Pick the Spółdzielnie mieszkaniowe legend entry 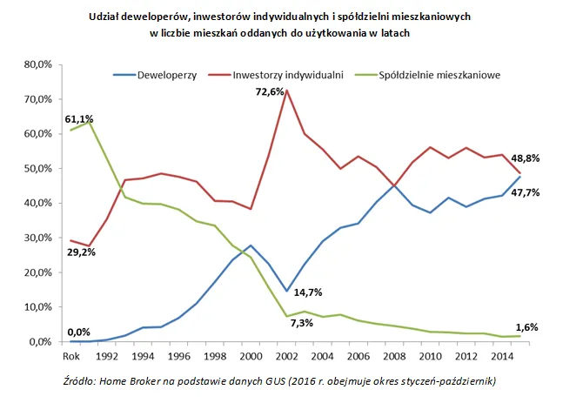(x=439, y=76)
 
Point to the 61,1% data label (x=78, y=118)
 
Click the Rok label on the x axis (x=70, y=355)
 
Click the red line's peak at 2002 (x=286, y=91)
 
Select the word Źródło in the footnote (x=82, y=382)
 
